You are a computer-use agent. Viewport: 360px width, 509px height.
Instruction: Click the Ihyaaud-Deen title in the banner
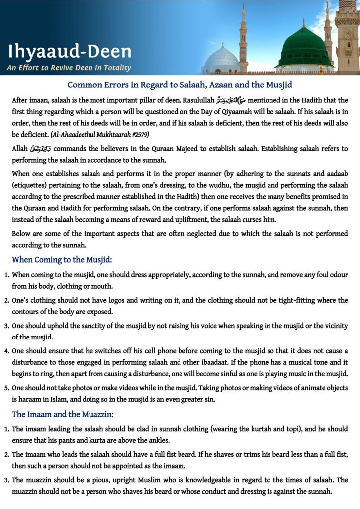coord(70,51)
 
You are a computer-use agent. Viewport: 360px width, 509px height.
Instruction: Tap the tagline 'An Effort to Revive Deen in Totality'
coord(69,68)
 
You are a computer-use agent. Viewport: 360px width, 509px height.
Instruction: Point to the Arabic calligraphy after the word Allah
coord(41,149)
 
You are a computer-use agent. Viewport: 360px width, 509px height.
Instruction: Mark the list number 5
coord(6,388)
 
